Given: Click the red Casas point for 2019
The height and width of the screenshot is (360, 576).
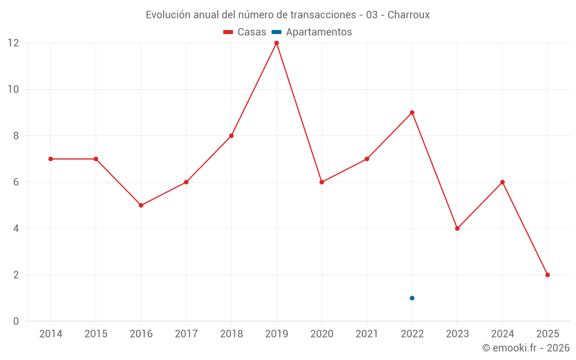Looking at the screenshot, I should [276, 43].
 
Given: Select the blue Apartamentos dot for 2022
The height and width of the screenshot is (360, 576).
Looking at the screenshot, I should [412, 298].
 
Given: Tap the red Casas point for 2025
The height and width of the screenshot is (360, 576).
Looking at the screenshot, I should [547, 275].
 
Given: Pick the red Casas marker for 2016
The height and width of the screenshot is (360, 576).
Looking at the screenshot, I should [141, 205].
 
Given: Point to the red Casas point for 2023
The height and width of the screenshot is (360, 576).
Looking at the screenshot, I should [457, 228].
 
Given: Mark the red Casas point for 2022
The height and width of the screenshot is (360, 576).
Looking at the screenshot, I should [412, 112].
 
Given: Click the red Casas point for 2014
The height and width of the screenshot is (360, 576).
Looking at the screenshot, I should [51, 159].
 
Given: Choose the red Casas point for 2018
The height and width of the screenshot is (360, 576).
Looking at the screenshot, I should [231, 136].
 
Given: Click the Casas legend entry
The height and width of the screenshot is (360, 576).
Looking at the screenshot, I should [245, 32].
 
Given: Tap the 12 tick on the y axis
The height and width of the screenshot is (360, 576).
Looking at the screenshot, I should [13, 43].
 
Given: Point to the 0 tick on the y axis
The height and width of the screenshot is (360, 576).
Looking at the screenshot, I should [16, 321].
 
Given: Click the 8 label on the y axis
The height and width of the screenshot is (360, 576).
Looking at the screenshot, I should [16, 136].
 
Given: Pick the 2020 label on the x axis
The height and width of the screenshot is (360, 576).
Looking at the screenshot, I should [321, 334].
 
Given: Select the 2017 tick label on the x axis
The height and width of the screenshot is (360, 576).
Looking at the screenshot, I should [186, 334].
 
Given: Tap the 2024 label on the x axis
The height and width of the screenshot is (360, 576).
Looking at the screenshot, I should [502, 334].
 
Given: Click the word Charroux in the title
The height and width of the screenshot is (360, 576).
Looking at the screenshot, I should [408, 15].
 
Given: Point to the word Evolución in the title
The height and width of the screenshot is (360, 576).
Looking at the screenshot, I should [168, 15].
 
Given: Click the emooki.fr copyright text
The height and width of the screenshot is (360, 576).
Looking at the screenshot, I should [526, 348].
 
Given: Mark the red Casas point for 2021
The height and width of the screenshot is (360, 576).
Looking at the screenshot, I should [367, 159].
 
